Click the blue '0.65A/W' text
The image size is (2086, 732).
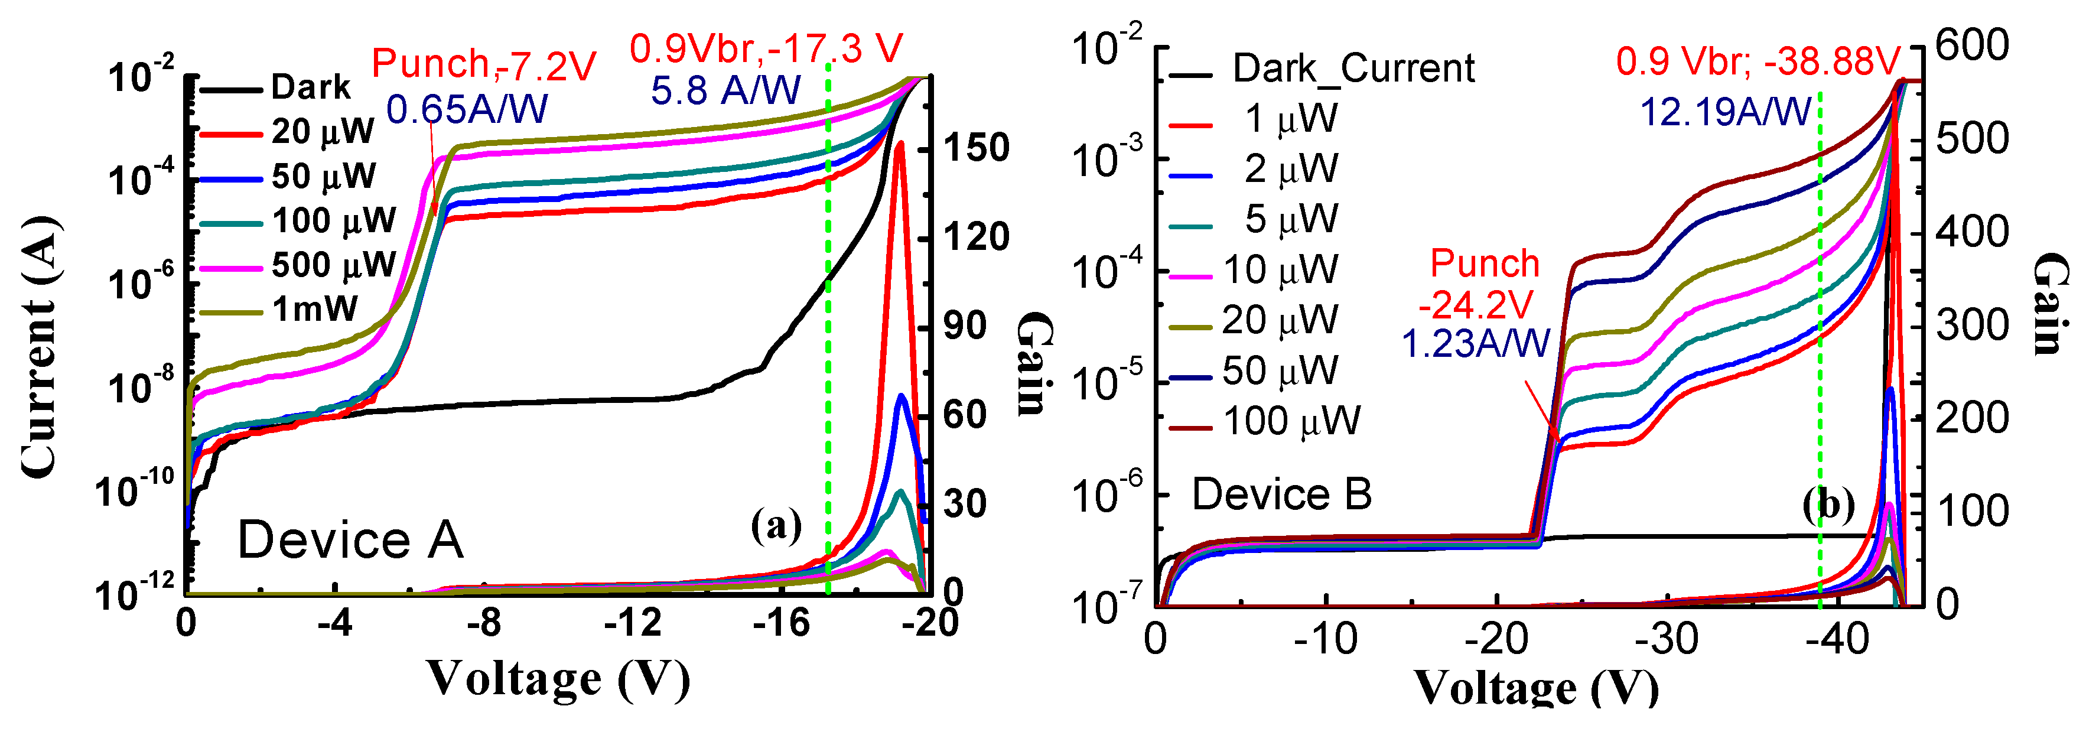point(467,110)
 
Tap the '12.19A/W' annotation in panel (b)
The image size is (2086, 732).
point(1725,113)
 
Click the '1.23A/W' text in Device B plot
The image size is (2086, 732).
point(1475,344)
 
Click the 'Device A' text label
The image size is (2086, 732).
point(350,541)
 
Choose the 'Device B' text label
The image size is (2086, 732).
point(1282,494)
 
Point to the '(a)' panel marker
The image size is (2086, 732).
point(776,526)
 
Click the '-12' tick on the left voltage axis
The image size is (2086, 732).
point(633,623)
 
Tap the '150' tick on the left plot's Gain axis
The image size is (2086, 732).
point(977,148)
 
